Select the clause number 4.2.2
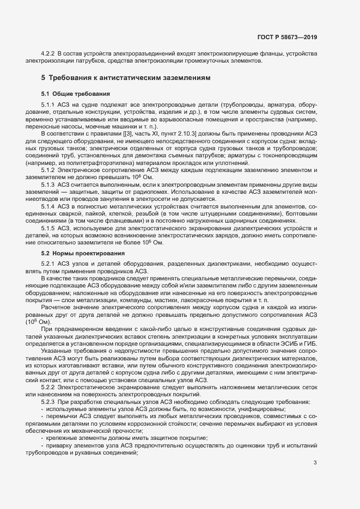49,53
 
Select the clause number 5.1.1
49,103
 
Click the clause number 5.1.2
49,170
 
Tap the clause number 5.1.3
49,185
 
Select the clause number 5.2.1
49,263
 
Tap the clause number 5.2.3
49,402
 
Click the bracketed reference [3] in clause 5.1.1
126,133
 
